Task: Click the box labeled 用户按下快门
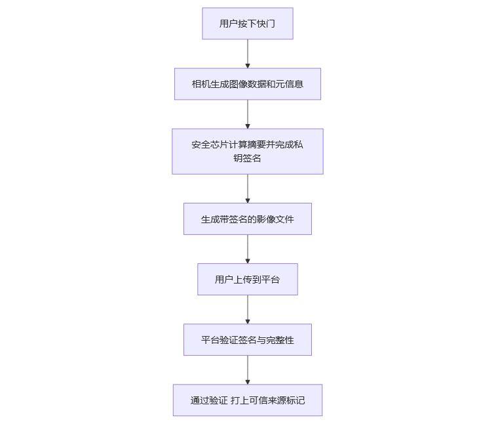[247, 24]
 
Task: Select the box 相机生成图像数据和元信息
[247, 84]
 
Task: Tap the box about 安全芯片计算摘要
[247, 151]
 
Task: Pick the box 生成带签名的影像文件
[247, 219]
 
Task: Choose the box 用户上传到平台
[247, 280]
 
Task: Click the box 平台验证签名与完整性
[247, 340]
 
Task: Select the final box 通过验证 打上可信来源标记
[247, 400]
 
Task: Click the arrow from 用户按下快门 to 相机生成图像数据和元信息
[248, 54]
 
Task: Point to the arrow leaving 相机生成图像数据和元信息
[248, 114]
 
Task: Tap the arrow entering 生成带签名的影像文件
[248, 188]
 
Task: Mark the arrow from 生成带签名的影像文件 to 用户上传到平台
[248, 249]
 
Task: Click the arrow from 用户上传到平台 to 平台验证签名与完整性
[248, 310]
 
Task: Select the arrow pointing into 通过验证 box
[248, 370]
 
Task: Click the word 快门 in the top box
[265, 24]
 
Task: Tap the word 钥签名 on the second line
[247, 158]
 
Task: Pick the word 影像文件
[275, 219]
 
